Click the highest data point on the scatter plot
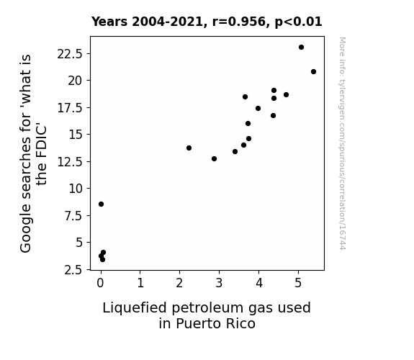click(x=301, y=48)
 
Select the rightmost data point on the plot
click(x=313, y=71)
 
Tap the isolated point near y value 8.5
click(x=101, y=204)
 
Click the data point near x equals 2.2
click(x=189, y=148)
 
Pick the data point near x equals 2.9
click(x=214, y=158)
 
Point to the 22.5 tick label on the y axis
click(x=70, y=55)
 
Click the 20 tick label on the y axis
click(x=76, y=81)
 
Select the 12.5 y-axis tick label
click(x=70, y=162)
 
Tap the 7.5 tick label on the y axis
click(x=73, y=216)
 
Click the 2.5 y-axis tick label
click(x=73, y=270)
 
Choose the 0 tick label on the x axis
click(x=101, y=283)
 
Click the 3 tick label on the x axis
click(x=219, y=283)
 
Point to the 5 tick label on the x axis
click(x=298, y=283)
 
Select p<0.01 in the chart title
click(x=298, y=22)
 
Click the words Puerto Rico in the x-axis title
click(x=215, y=323)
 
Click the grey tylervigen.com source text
click(x=342, y=143)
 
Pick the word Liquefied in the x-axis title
click(x=135, y=308)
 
